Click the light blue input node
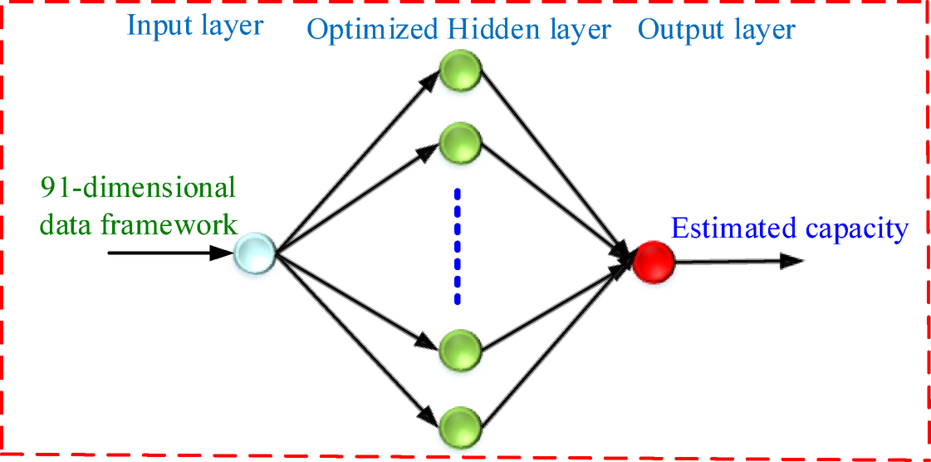[x=254, y=252]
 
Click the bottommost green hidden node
[x=461, y=425]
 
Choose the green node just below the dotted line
[x=461, y=347]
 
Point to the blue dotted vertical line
[x=456, y=247]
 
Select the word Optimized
[x=371, y=31]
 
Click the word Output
[x=679, y=31]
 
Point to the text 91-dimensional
[x=138, y=187]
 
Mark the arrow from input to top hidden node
[x=357, y=159]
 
